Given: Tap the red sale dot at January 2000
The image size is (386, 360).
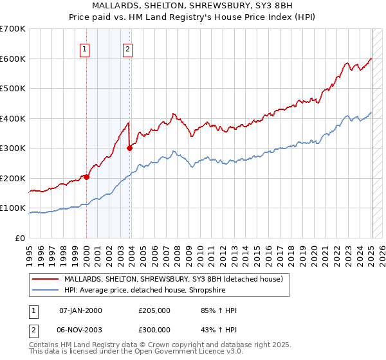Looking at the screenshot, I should coord(86,177).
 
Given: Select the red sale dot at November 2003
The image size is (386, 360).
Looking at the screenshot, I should coord(129,148).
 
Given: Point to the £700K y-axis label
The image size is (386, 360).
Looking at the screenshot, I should coord(13,29).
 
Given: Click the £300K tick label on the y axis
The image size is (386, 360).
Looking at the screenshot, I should coord(13,148).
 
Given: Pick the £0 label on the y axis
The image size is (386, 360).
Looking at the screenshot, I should coord(20,238).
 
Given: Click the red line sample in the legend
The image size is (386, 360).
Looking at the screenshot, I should coord(46,280).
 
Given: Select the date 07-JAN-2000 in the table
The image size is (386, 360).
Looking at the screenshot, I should coord(80,310).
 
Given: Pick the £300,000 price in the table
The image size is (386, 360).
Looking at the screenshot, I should coord(154,329).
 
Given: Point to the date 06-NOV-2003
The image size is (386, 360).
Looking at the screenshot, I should coord(80,329).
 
